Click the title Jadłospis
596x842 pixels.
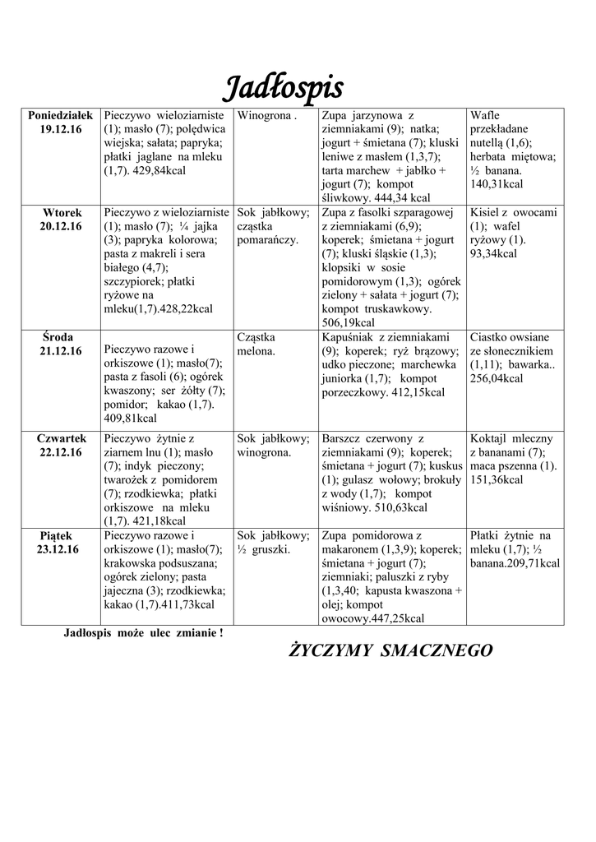click(284, 87)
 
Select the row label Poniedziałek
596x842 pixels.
click(61, 116)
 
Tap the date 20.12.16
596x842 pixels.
click(61, 226)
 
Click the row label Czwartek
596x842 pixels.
click(61, 438)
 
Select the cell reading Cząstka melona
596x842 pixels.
click(256, 344)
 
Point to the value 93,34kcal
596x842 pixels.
click(493, 253)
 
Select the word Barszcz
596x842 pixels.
click(344, 438)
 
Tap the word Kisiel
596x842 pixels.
click(485, 212)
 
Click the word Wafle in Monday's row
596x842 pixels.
click(485, 116)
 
